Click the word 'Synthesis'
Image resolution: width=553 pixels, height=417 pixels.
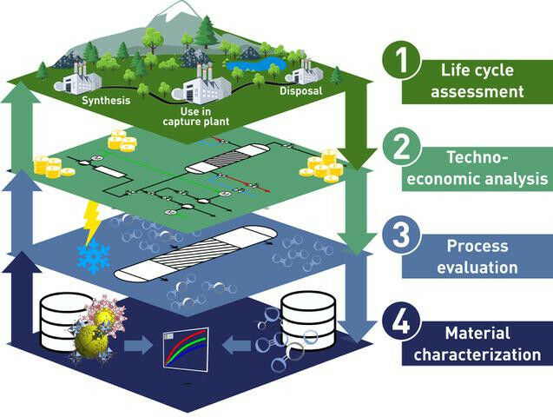pos(106,100)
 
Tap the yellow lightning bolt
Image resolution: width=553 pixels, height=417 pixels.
pos(90,221)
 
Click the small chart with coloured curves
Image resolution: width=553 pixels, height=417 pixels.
pos(185,347)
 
